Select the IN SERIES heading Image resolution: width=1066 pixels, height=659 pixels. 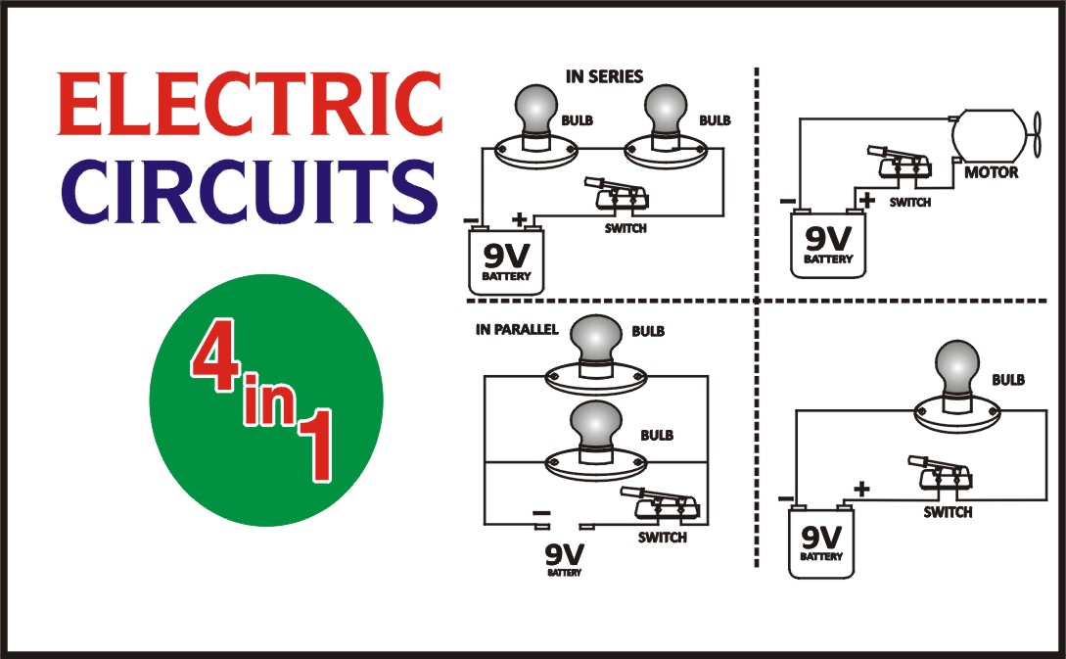coord(604,75)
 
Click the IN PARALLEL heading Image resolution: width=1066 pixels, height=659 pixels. coord(517,329)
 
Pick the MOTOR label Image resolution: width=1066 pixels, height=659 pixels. coord(992,173)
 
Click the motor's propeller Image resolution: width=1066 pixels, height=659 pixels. coord(1041,130)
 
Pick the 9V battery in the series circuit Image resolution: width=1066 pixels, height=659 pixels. coord(507,259)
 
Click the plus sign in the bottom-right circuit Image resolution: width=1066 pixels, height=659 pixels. coord(861,488)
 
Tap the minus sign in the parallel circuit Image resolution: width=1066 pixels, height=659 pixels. coord(539,513)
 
